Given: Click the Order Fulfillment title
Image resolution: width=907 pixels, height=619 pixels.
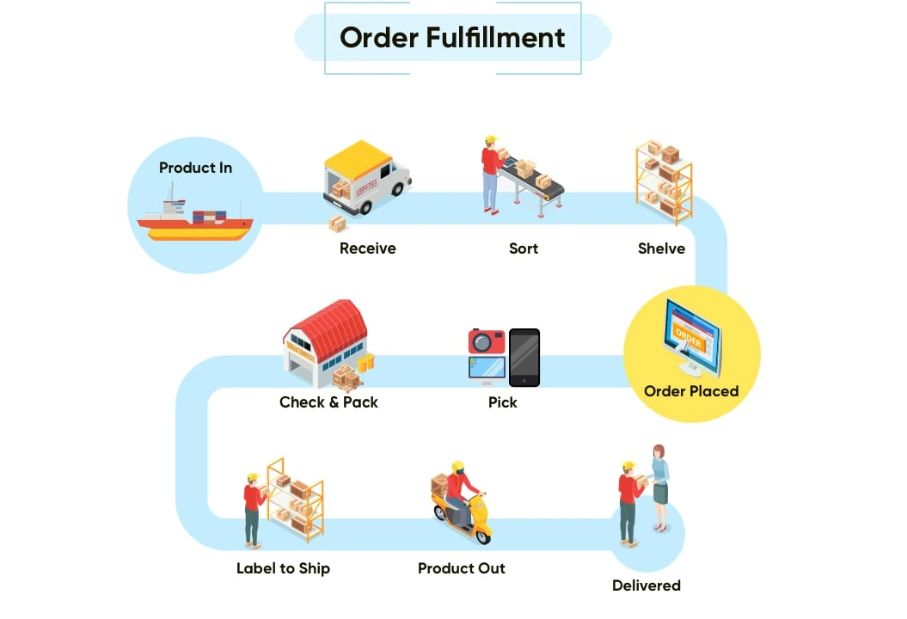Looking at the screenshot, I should pos(452,38).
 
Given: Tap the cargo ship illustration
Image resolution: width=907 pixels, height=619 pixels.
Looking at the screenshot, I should pos(195,221).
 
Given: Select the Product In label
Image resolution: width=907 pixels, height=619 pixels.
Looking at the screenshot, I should pos(195,168).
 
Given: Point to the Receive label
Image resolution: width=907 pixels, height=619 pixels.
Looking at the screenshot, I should pos(367,248).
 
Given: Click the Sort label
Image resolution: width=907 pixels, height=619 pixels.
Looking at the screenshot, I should pos(523,248).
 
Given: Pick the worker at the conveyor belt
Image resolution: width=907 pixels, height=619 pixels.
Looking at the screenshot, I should pos(492,172).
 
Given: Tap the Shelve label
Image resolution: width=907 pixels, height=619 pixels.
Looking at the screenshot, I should pos(661,248).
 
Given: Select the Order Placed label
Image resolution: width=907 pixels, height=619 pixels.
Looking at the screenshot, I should pos(691,391).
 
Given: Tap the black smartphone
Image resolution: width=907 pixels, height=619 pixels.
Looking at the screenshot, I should pos(524,357).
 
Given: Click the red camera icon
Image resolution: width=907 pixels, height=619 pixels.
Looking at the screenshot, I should pos(487,340).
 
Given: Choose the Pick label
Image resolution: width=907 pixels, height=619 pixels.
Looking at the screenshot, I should pos(502,401).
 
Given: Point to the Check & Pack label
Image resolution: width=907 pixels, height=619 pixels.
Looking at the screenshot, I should pos(328,401).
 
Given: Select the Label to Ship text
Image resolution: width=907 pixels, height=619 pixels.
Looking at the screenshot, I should pos(283,568).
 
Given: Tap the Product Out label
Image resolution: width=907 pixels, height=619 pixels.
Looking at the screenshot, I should pos(461,568).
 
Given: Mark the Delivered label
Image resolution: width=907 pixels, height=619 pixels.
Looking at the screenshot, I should pos(646,585).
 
